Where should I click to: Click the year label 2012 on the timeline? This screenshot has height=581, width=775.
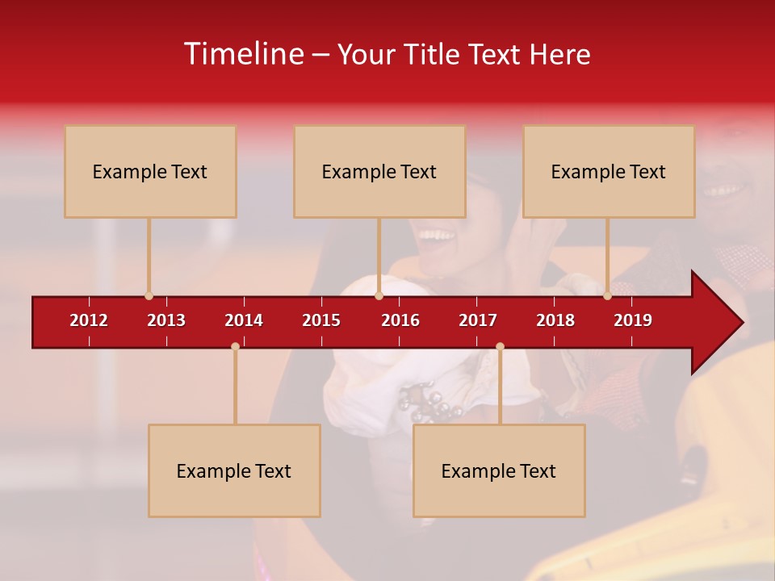(x=89, y=320)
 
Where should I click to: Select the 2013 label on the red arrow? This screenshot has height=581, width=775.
(x=166, y=320)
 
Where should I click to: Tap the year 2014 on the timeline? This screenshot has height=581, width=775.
(x=244, y=320)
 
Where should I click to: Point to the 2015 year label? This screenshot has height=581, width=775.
(x=321, y=320)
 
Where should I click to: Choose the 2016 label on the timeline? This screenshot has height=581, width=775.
(x=400, y=320)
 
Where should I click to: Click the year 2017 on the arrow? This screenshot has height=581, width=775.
(x=478, y=320)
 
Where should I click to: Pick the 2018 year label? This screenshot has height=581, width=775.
(x=555, y=320)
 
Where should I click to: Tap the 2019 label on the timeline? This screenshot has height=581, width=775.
(x=633, y=320)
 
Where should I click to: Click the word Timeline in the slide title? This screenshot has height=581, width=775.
(x=243, y=54)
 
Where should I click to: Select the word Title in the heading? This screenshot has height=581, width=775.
(x=433, y=55)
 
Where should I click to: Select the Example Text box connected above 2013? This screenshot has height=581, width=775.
(x=150, y=171)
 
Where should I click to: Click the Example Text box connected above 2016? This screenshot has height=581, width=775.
(x=379, y=171)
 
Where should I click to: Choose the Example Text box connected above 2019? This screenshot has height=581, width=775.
(x=609, y=171)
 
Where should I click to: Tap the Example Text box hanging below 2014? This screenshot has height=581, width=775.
(x=234, y=470)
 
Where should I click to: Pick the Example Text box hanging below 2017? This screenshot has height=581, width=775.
(x=499, y=470)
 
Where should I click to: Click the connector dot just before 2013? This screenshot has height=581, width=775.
(x=149, y=296)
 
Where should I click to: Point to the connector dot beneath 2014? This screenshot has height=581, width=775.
(x=235, y=347)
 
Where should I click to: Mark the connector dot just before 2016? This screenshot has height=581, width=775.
(x=379, y=296)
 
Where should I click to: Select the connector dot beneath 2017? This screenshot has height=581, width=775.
(x=500, y=347)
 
